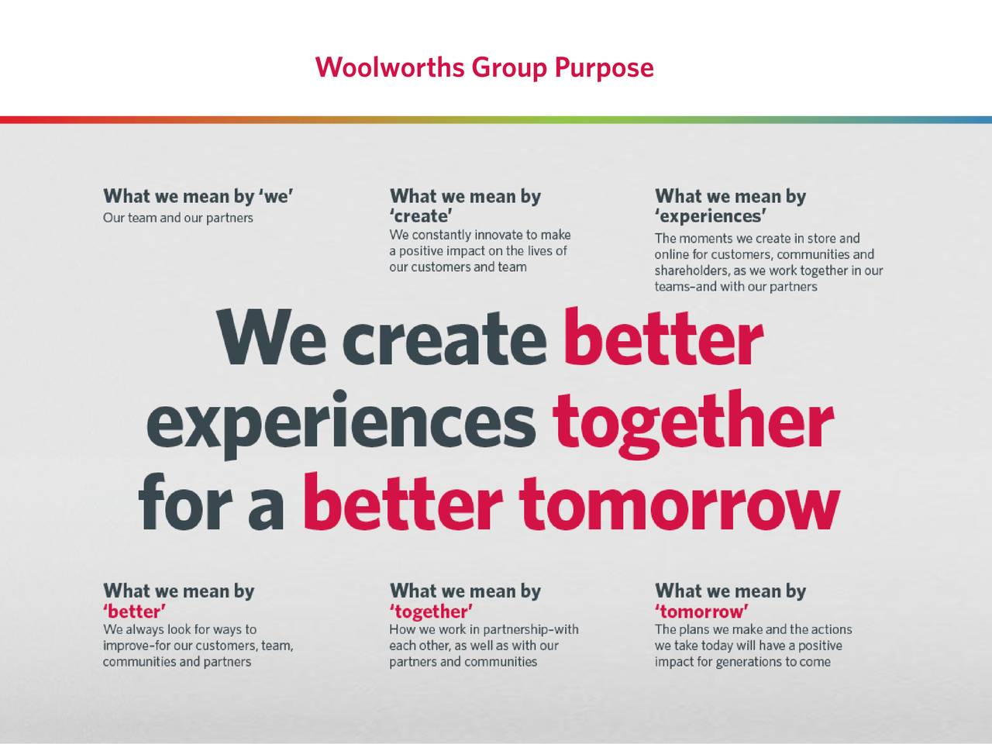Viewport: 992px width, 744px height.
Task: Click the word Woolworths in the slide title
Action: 389,68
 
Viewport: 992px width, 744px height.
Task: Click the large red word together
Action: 692,422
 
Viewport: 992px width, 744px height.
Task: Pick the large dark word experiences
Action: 340,422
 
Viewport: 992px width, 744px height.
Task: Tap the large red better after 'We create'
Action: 663,339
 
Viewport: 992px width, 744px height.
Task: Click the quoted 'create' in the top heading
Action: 421,216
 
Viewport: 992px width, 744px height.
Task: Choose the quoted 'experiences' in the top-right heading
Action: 711,216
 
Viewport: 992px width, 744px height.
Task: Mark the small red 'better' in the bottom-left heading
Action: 134,611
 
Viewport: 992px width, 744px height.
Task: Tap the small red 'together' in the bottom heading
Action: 431,611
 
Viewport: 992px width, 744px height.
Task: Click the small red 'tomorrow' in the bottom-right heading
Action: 701,611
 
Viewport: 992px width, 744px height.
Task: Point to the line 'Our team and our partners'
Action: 178,218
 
